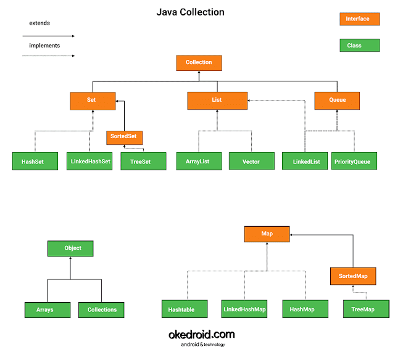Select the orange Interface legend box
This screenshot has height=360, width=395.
tap(357, 19)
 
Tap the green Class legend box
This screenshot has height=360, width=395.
tap(357, 46)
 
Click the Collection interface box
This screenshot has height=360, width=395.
tap(198, 63)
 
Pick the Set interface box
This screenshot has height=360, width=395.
tap(92, 100)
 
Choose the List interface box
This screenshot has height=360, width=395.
tap(216, 100)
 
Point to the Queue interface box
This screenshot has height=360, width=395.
tap(337, 100)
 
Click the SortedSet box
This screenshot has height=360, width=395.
tap(125, 136)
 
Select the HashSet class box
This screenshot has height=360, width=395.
tap(35, 162)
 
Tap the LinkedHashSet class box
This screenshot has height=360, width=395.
tap(88, 162)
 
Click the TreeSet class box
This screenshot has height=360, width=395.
tap(143, 162)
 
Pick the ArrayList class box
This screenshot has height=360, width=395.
tap(197, 162)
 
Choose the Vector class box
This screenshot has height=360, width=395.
tap(251, 162)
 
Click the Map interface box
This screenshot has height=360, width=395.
tap(267, 234)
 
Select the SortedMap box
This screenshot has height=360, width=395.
tap(352, 276)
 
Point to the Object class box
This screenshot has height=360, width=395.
tap(72, 248)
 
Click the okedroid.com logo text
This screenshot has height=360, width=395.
tap(201, 335)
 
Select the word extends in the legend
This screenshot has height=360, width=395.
tap(39, 23)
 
